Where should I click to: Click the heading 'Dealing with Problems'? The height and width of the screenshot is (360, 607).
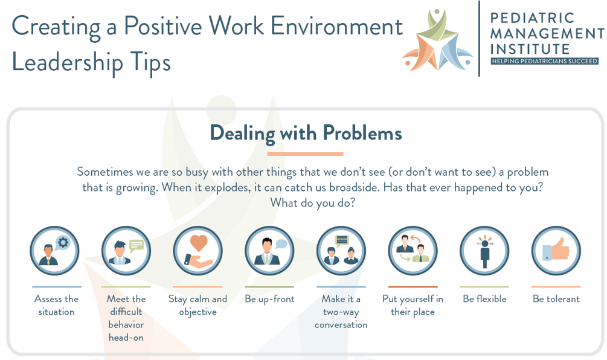point(306,133)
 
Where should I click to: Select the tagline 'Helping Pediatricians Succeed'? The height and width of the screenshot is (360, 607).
point(544,61)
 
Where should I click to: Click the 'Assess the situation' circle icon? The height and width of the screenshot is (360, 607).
point(55,251)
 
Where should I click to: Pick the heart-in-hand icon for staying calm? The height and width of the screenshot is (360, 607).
point(198,251)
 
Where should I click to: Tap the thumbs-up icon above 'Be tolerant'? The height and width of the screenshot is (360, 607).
point(556,251)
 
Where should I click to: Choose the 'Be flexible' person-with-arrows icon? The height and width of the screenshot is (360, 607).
point(484,251)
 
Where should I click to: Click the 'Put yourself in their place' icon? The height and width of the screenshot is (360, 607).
point(413,251)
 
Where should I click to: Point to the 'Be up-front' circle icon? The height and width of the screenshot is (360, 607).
point(269,251)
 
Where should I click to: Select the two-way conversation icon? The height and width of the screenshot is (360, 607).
point(341,251)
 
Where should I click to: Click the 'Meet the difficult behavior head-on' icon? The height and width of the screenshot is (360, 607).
point(126,251)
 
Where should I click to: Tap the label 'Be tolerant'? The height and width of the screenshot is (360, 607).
point(556,299)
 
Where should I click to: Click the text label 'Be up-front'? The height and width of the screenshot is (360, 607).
point(269,299)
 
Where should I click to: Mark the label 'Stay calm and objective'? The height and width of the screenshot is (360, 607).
point(198,305)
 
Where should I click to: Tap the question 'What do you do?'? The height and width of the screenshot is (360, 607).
point(312,202)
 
